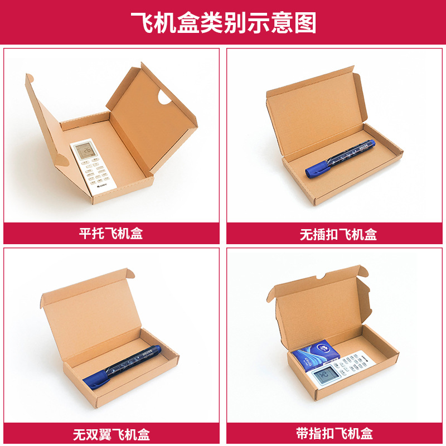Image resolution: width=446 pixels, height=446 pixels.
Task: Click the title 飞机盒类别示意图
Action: [223, 23]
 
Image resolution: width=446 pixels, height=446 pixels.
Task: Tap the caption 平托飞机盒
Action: [111, 233]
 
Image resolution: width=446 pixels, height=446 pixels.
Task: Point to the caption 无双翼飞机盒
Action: [111, 434]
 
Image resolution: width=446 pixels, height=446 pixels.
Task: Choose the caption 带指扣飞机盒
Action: [334, 433]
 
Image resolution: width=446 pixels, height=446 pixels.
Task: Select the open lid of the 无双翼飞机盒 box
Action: [92, 312]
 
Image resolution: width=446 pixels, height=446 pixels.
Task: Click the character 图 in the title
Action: [306, 23]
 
